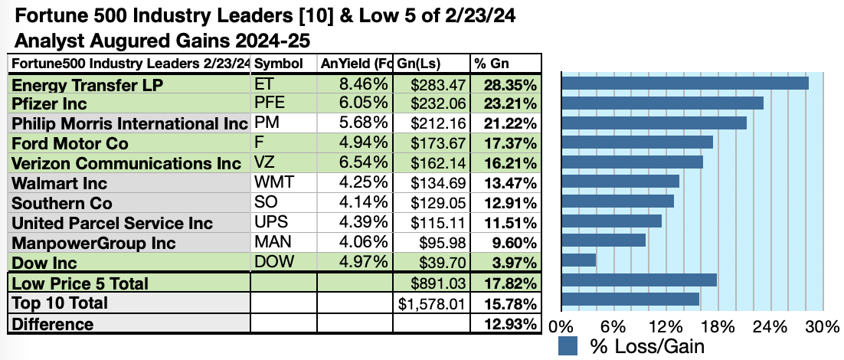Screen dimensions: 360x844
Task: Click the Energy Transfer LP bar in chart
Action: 685,83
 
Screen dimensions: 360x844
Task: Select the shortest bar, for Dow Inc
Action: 578,260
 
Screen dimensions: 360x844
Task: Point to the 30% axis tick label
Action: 823,327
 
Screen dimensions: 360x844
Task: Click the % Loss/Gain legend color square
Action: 568,346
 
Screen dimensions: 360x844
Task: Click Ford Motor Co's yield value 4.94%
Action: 365,143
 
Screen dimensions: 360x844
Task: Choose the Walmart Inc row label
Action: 60,183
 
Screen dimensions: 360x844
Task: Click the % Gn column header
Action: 490,63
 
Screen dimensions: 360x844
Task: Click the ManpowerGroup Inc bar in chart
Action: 604,241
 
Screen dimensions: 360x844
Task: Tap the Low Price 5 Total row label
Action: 80,283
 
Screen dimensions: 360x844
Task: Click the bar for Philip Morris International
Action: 654,123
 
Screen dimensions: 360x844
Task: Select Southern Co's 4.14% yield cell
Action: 365,203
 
